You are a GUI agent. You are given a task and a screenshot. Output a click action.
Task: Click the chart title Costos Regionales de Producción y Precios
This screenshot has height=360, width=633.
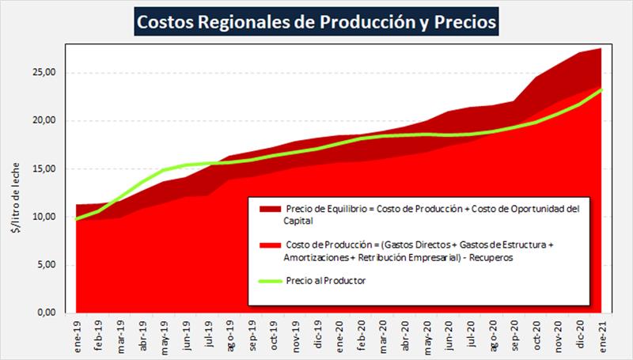coord(316,22)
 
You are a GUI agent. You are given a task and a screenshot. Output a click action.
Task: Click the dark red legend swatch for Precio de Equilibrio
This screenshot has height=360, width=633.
coord(269,209)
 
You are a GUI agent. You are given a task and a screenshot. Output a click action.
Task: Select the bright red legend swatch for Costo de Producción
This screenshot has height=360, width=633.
coord(269,245)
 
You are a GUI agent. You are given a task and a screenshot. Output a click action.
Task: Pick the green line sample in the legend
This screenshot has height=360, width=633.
coord(269,280)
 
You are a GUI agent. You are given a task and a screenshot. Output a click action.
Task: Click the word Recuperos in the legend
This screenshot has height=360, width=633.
coord(491,258)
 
